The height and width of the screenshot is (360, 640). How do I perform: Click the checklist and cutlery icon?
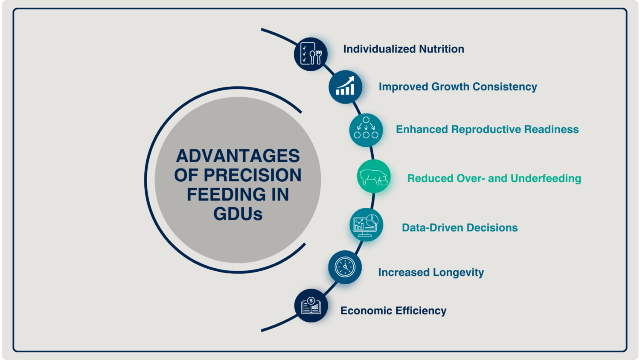coord(311,54)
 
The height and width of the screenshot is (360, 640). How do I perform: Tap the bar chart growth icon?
coord(345,87)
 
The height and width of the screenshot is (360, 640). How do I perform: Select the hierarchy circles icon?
coord(366,130)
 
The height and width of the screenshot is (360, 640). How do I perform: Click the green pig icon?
coord(374,176)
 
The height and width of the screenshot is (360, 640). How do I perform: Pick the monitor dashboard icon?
coord(366,225)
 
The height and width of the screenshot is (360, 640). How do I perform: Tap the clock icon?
coord(345,267)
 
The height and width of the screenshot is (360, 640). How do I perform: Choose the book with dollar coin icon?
coord(311,305)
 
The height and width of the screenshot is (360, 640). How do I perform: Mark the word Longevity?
coord(458,273)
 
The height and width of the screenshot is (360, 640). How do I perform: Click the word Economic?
coord(366,311)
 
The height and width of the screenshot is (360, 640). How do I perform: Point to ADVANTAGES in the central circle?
coord(238,156)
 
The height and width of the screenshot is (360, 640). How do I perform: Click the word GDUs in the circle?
coord(238,214)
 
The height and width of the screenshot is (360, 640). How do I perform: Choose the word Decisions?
coord(492,228)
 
